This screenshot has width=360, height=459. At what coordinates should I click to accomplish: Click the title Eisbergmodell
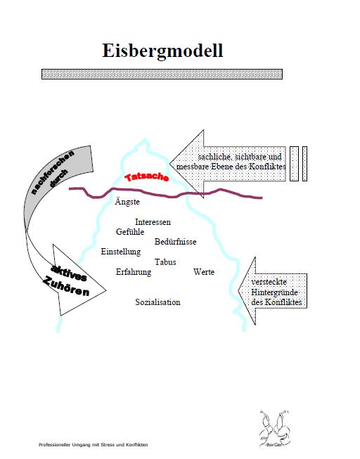[162, 51]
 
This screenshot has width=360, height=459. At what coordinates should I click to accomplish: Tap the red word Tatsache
[147, 177]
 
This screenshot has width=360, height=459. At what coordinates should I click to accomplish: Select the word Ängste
[127, 202]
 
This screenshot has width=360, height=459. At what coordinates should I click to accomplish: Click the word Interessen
[153, 222]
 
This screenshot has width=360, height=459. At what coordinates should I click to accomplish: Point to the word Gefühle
[130, 231]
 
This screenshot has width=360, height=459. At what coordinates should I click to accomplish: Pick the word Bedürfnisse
[176, 242]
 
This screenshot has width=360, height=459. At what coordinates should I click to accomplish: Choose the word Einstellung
[121, 252]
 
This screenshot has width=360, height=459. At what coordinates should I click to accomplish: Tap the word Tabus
[165, 262]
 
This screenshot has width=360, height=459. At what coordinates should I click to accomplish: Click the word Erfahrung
[134, 272]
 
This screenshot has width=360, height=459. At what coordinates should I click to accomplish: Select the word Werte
[204, 272]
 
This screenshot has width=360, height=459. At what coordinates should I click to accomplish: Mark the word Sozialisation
[158, 302]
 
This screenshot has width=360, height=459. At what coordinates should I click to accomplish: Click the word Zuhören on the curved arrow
[66, 287]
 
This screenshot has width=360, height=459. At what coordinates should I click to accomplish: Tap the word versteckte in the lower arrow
[269, 282]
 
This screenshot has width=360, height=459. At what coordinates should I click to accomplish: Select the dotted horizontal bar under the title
[162, 74]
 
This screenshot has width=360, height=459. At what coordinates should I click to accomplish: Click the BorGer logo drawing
[274, 429]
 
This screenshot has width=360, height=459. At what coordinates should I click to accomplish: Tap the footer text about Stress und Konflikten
[94, 445]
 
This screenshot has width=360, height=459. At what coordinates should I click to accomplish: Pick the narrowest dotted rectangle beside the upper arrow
[304, 164]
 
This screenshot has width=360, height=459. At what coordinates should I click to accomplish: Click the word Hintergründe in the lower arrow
[275, 292]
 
